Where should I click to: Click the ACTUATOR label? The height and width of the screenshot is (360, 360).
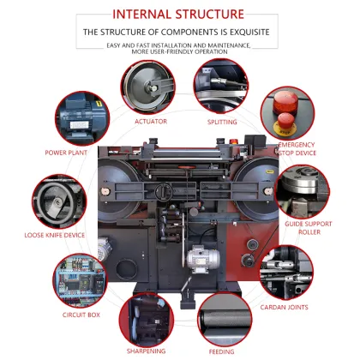(151, 121)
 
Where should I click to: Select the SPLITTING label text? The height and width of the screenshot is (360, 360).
(222, 121)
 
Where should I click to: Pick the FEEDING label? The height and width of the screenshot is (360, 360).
(222, 351)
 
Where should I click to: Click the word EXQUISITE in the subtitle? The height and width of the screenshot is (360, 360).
(248, 32)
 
